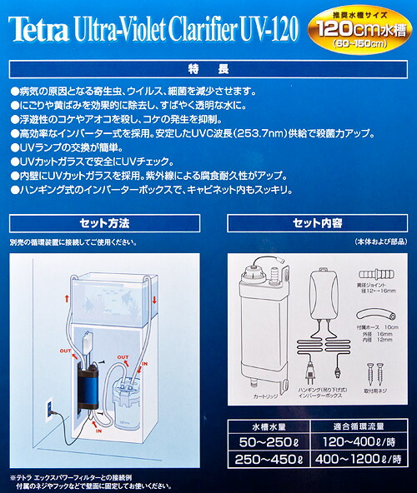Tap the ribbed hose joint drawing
[373, 276]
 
